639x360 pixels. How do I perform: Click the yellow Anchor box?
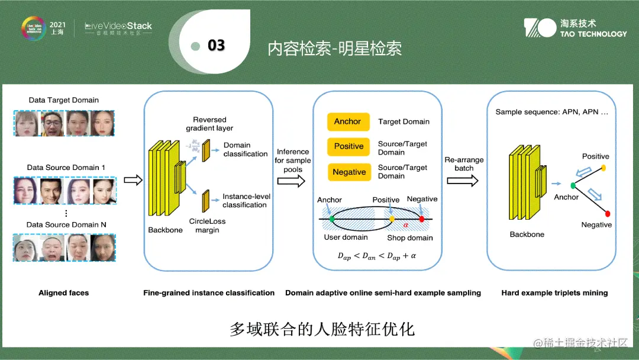pos(348,121)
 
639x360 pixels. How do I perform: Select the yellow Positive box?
pos(348,146)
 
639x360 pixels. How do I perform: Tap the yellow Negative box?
pos(348,172)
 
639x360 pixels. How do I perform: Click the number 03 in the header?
pos(216,46)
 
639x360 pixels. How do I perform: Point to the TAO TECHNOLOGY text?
pos(593,34)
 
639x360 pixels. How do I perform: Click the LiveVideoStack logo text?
pos(118,26)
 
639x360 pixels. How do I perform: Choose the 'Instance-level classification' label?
pos(244,201)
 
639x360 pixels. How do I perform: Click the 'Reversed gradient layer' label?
pos(209,124)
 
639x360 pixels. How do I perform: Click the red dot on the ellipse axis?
pos(421,219)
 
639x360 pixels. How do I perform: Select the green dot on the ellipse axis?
pos(331,220)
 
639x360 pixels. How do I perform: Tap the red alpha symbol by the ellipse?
pos(406,224)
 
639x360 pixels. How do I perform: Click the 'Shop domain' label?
pos(410,238)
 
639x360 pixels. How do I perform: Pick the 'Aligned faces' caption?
pos(63,292)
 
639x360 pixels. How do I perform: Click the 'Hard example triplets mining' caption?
pos(554,292)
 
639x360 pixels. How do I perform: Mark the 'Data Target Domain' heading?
pos(64,100)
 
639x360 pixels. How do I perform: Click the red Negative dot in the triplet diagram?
pos(608,213)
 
